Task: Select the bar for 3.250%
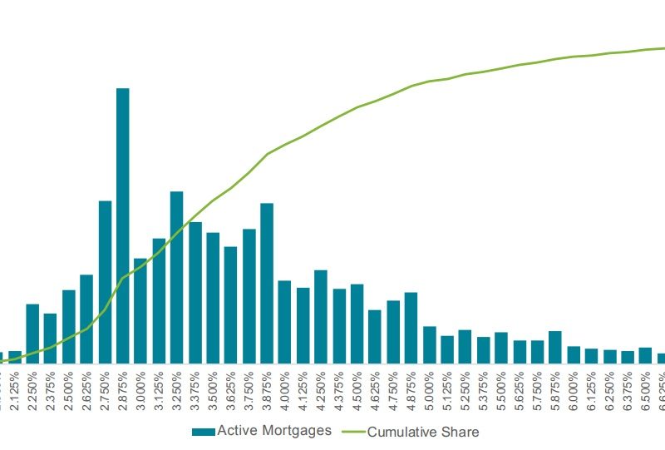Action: point(176,278)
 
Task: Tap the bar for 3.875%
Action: point(267,284)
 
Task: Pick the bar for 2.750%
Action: point(105,283)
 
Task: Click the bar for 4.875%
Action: point(411,329)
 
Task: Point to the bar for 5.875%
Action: point(554,348)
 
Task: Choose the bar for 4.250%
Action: point(321,317)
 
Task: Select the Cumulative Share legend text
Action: point(423,432)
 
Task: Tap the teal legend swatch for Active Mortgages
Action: point(203,432)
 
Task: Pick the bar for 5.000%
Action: point(429,345)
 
